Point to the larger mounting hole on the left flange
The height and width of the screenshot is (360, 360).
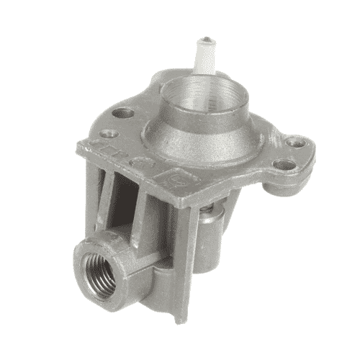(x=125, y=113)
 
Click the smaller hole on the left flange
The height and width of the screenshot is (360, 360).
(x=109, y=132)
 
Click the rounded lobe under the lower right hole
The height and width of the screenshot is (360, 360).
(x=277, y=186)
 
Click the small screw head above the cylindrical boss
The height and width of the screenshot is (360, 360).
(x=208, y=210)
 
